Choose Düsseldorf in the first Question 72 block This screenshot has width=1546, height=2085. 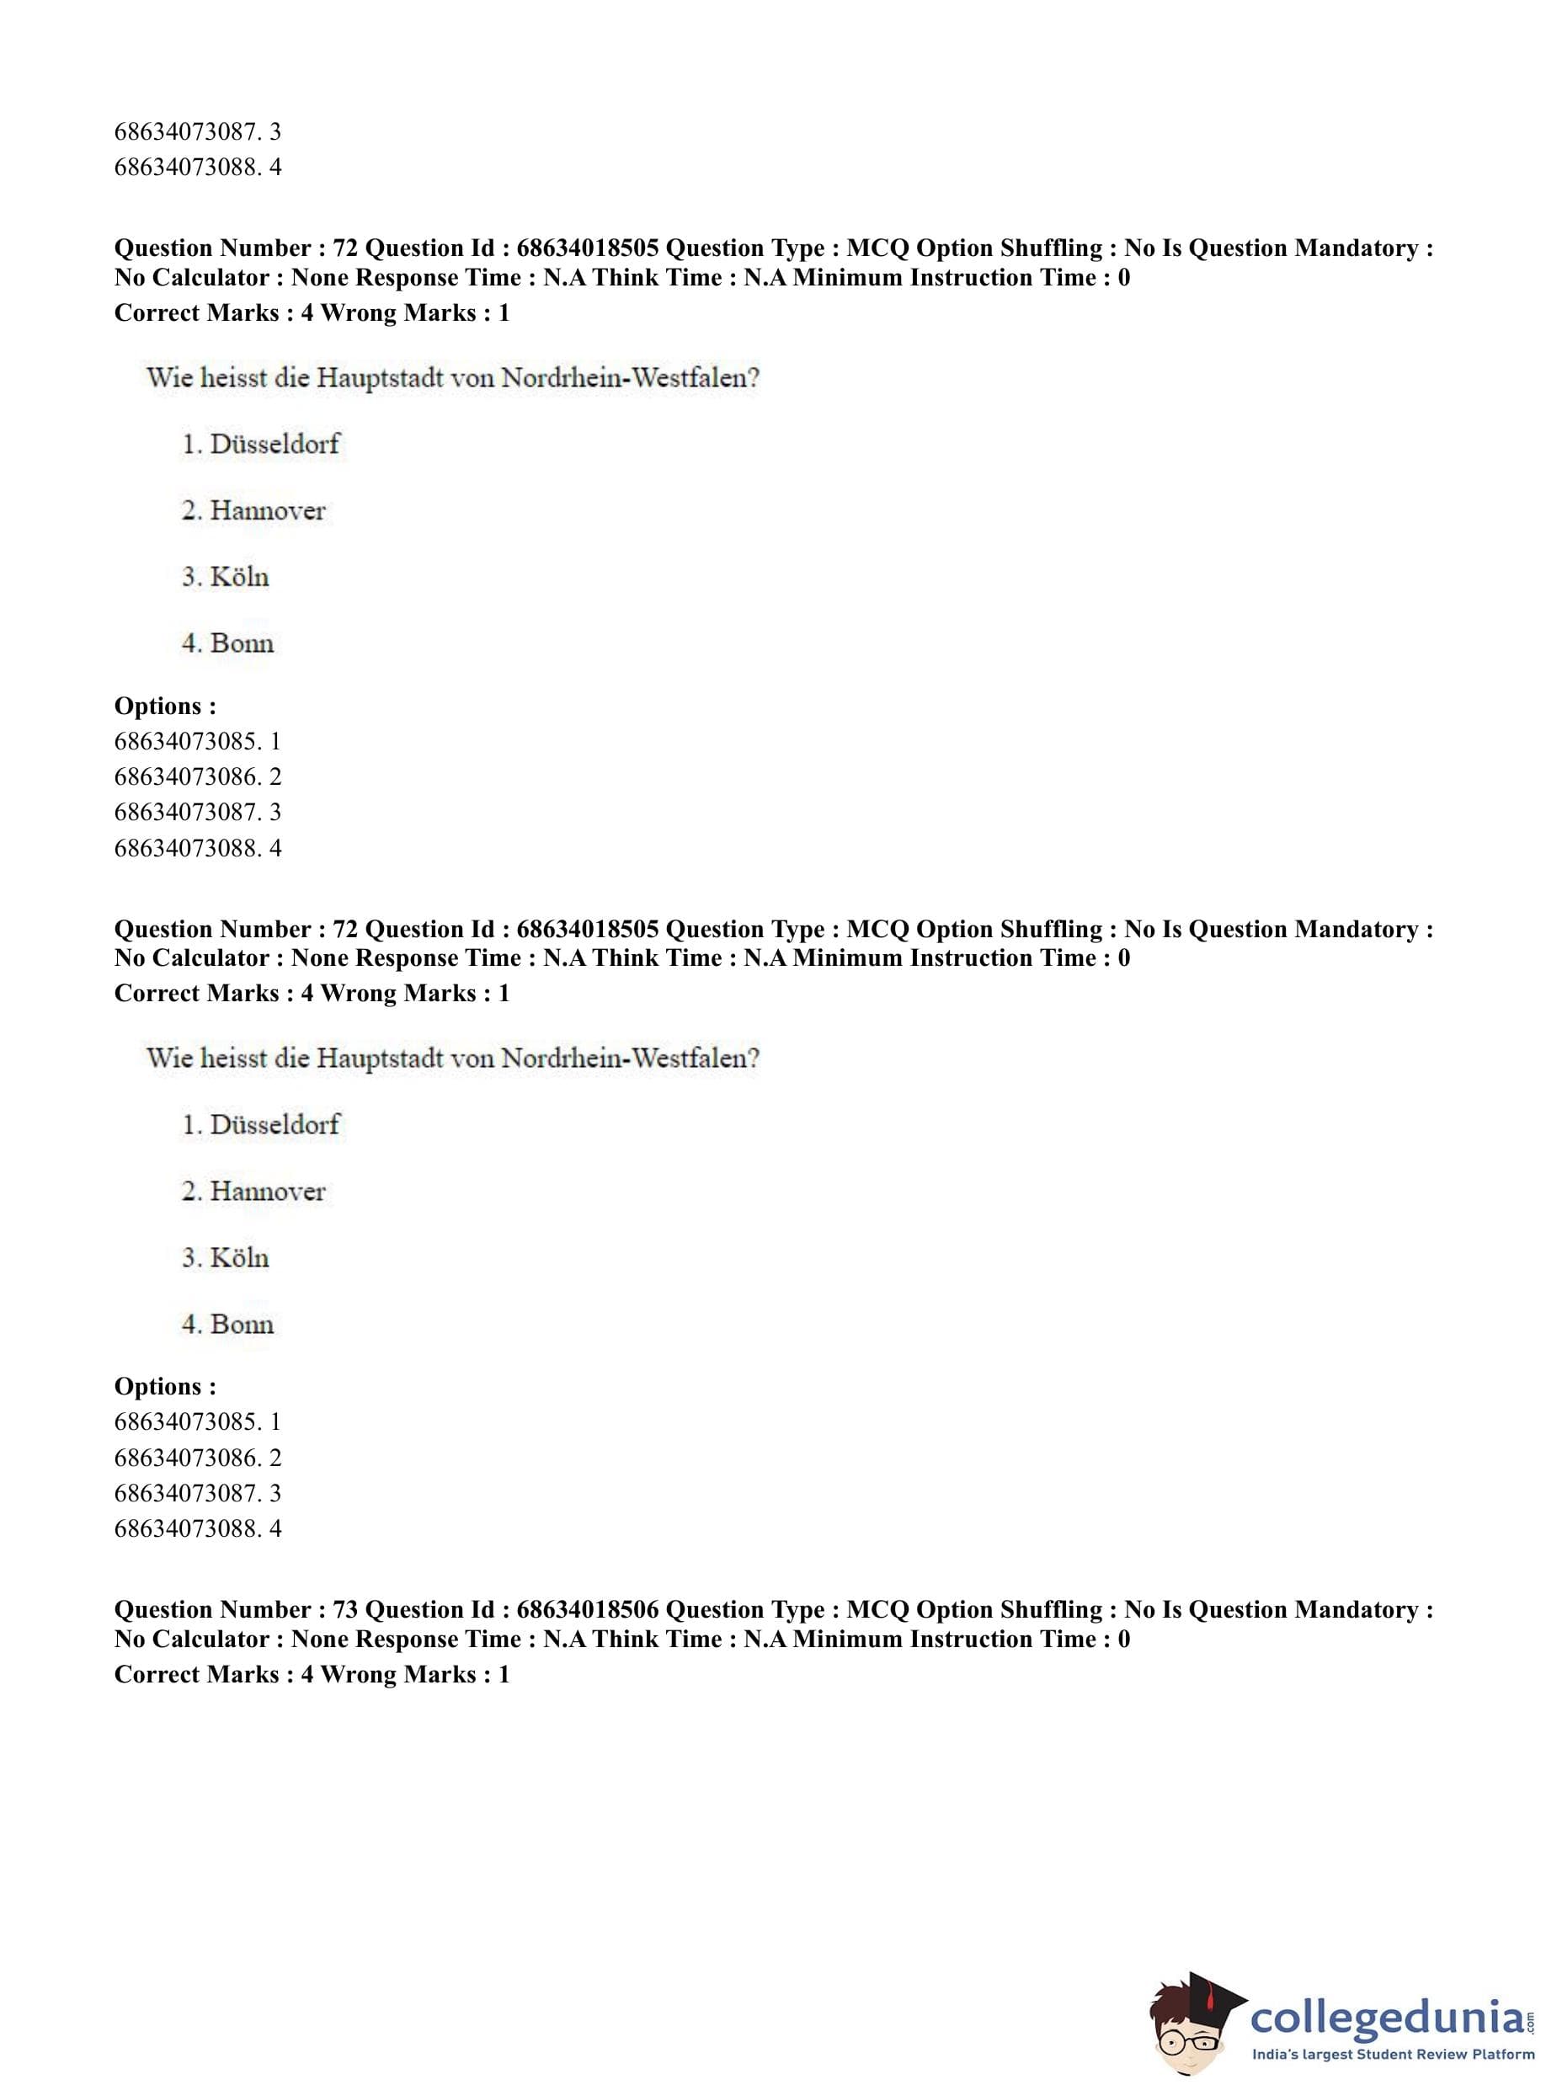(275, 444)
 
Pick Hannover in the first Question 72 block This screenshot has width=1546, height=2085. (268, 511)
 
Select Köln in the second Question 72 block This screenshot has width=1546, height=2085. (240, 1258)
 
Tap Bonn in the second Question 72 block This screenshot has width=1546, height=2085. (242, 1325)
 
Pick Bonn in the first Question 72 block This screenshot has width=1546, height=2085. (242, 644)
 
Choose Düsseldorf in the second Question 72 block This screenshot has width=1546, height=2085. (275, 1124)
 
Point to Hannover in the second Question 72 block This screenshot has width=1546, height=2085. (268, 1192)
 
